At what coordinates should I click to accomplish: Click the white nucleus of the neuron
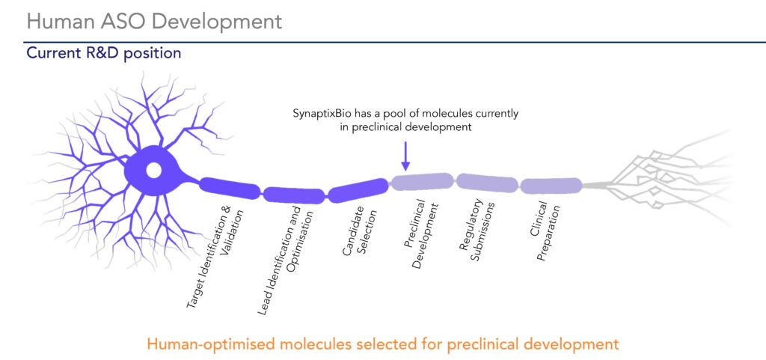coord(153,171)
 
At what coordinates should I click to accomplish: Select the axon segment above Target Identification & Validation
coord(230,188)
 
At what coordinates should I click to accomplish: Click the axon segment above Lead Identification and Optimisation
coord(295,195)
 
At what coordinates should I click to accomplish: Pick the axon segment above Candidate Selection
coord(358,191)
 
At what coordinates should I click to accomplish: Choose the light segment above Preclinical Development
coord(423,181)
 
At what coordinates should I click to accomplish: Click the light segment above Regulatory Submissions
coord(487,183)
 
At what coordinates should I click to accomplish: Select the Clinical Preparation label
coord(545,231)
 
